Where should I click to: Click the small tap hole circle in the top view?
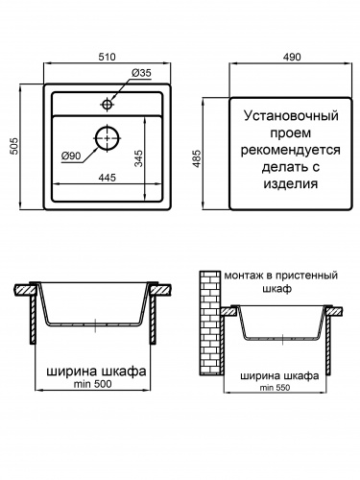108,100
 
